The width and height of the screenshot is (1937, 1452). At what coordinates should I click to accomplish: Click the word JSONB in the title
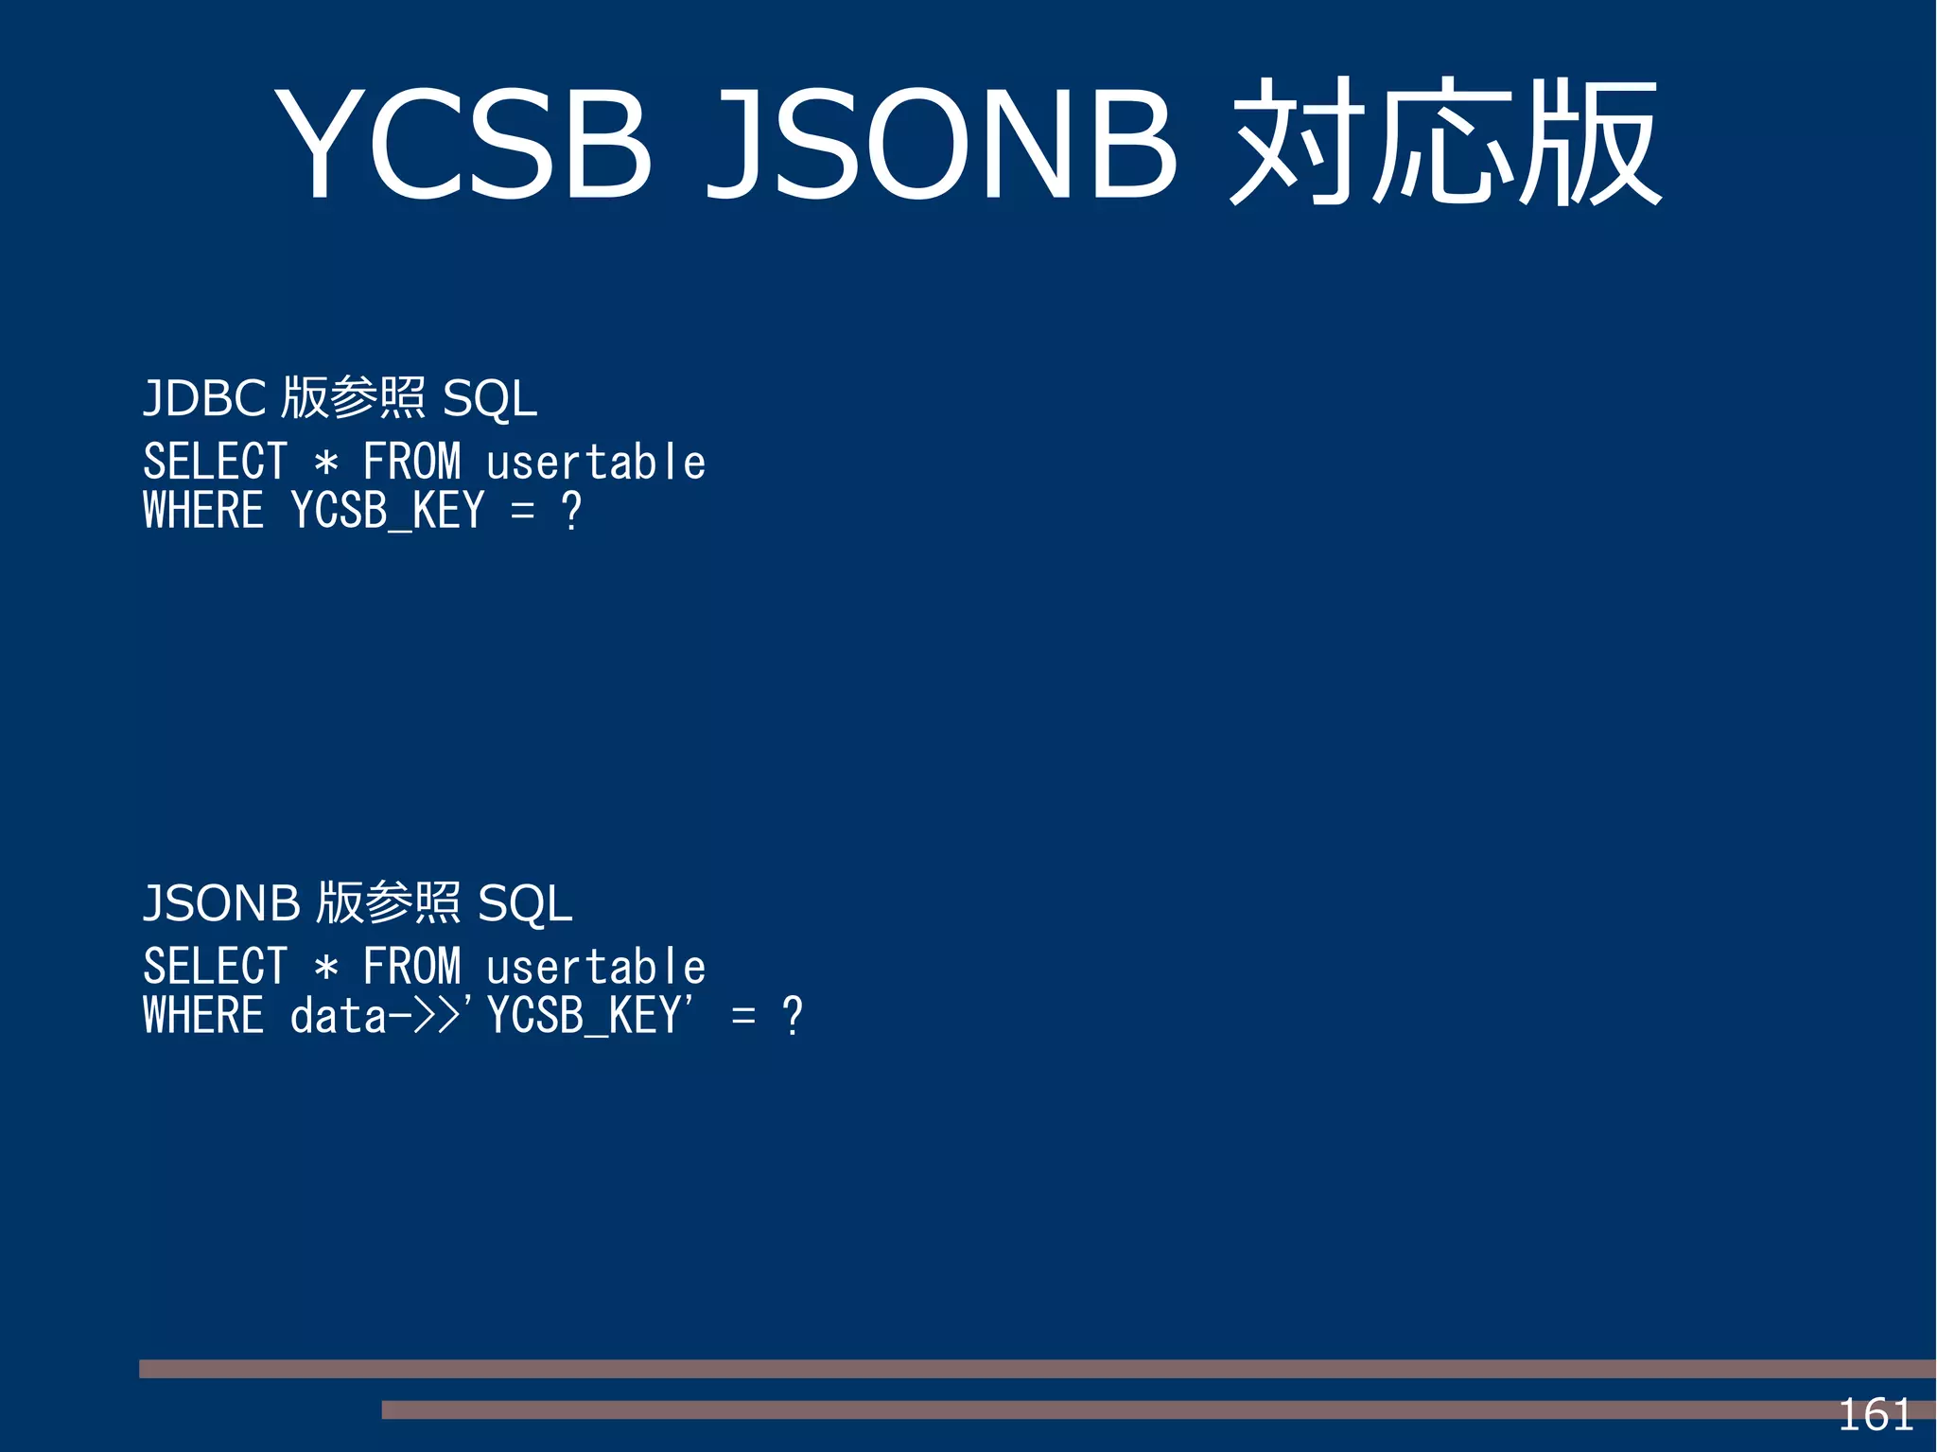(941, 144)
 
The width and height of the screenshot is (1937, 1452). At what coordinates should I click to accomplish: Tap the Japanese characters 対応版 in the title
(1445, 144)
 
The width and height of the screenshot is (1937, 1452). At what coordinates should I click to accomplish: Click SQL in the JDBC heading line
(490, 398)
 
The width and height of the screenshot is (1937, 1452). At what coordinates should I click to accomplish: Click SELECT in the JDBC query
(215, 463)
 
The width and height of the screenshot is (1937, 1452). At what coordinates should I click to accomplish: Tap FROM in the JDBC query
(411, 463)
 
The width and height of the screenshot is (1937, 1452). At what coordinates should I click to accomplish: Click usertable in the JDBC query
(596, 463)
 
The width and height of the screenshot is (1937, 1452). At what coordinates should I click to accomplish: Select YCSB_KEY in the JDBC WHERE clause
(388, 512)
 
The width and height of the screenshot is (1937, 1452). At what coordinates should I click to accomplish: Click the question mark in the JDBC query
(571, 512)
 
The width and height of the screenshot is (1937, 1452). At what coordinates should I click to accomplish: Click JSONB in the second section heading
(221, 903)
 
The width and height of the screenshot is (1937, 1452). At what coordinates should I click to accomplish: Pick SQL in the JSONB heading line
(525, 903)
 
